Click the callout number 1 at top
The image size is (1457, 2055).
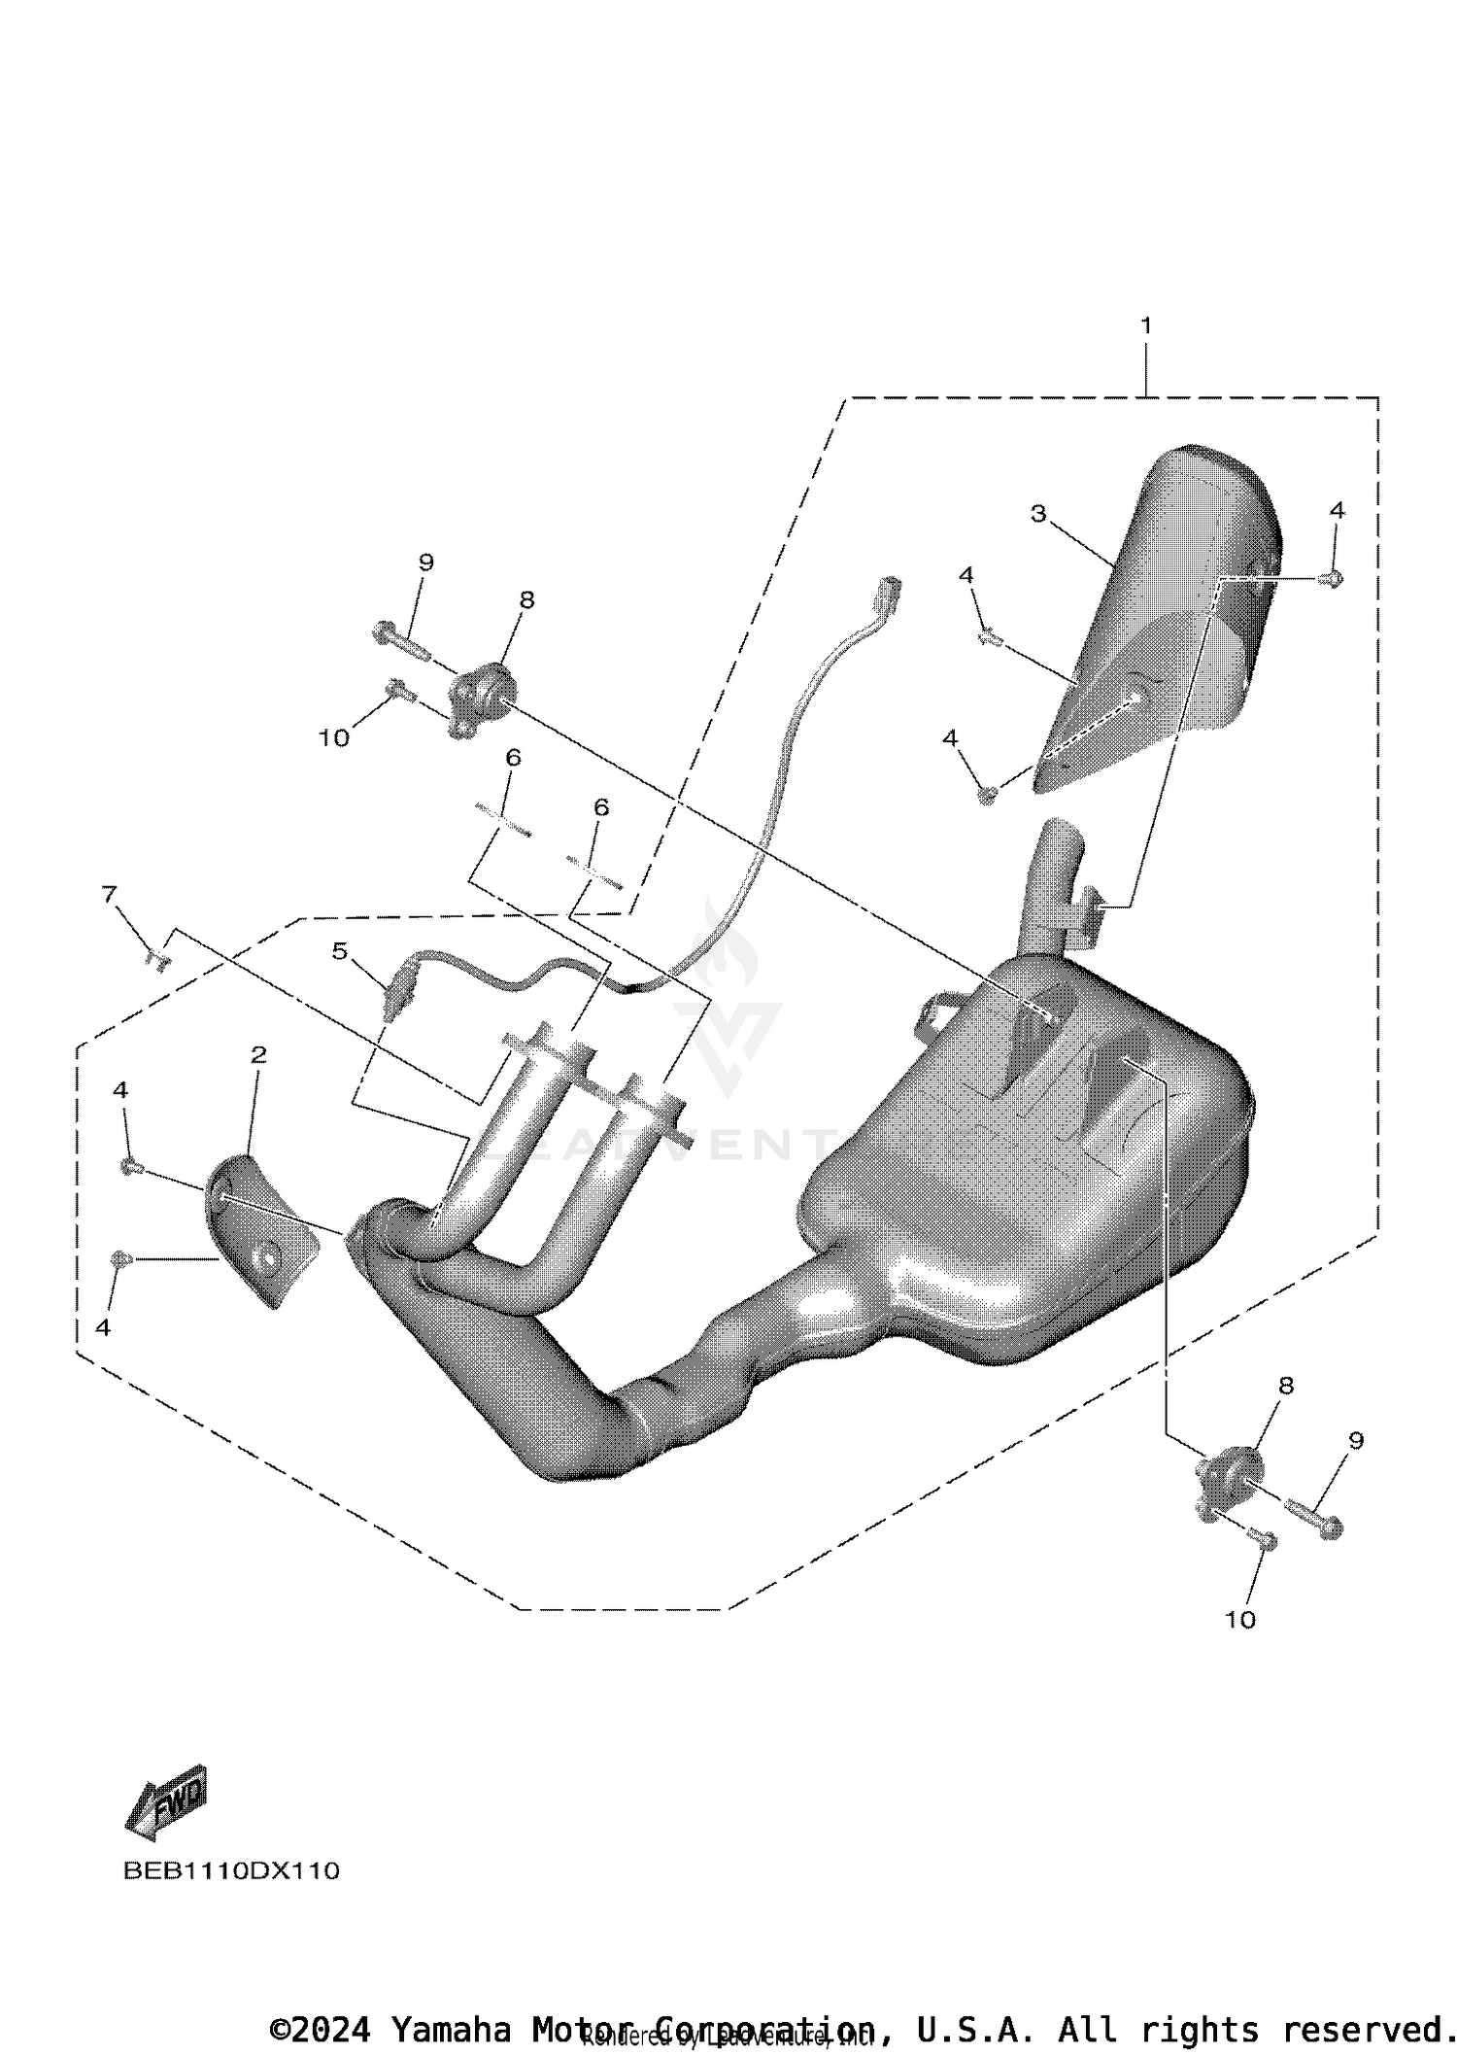click(1146, 325)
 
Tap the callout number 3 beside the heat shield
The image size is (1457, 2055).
click(1038, 513)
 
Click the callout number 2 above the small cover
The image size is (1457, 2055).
click(257, 1054)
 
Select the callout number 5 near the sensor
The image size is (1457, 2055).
click(339, 950)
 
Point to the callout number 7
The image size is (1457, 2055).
click(109, 892)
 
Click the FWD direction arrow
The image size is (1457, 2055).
click(167, 1802)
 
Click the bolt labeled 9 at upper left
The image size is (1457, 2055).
click(399, 641)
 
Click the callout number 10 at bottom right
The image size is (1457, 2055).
click(1239, 1620)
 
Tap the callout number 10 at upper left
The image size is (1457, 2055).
click(333, 738)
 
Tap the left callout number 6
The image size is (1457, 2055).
click(513, 757)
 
